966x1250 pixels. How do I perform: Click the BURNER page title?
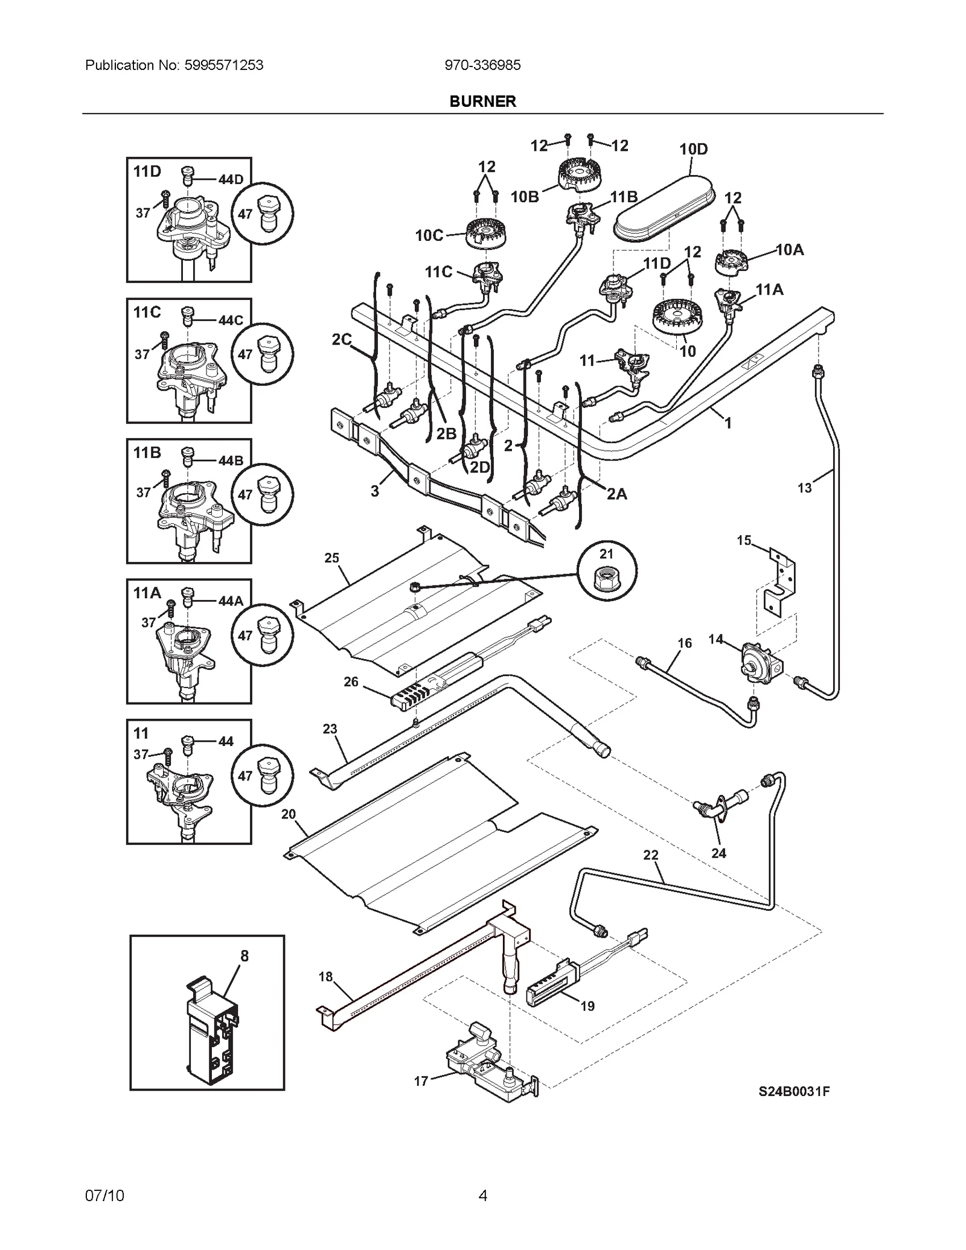(482, 101)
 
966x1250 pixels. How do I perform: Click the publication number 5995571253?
(221, 65)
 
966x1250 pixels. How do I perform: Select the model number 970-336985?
(482, 65)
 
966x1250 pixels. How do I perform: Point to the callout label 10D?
(693, 149)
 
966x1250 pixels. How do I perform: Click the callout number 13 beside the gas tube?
(804, 488)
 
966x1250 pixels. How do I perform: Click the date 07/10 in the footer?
(105, 1195)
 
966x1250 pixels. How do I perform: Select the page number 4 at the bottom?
(482, 1195)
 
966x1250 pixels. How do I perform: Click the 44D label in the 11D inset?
(231, 180)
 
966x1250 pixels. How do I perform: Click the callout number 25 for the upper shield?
(331, 558)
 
